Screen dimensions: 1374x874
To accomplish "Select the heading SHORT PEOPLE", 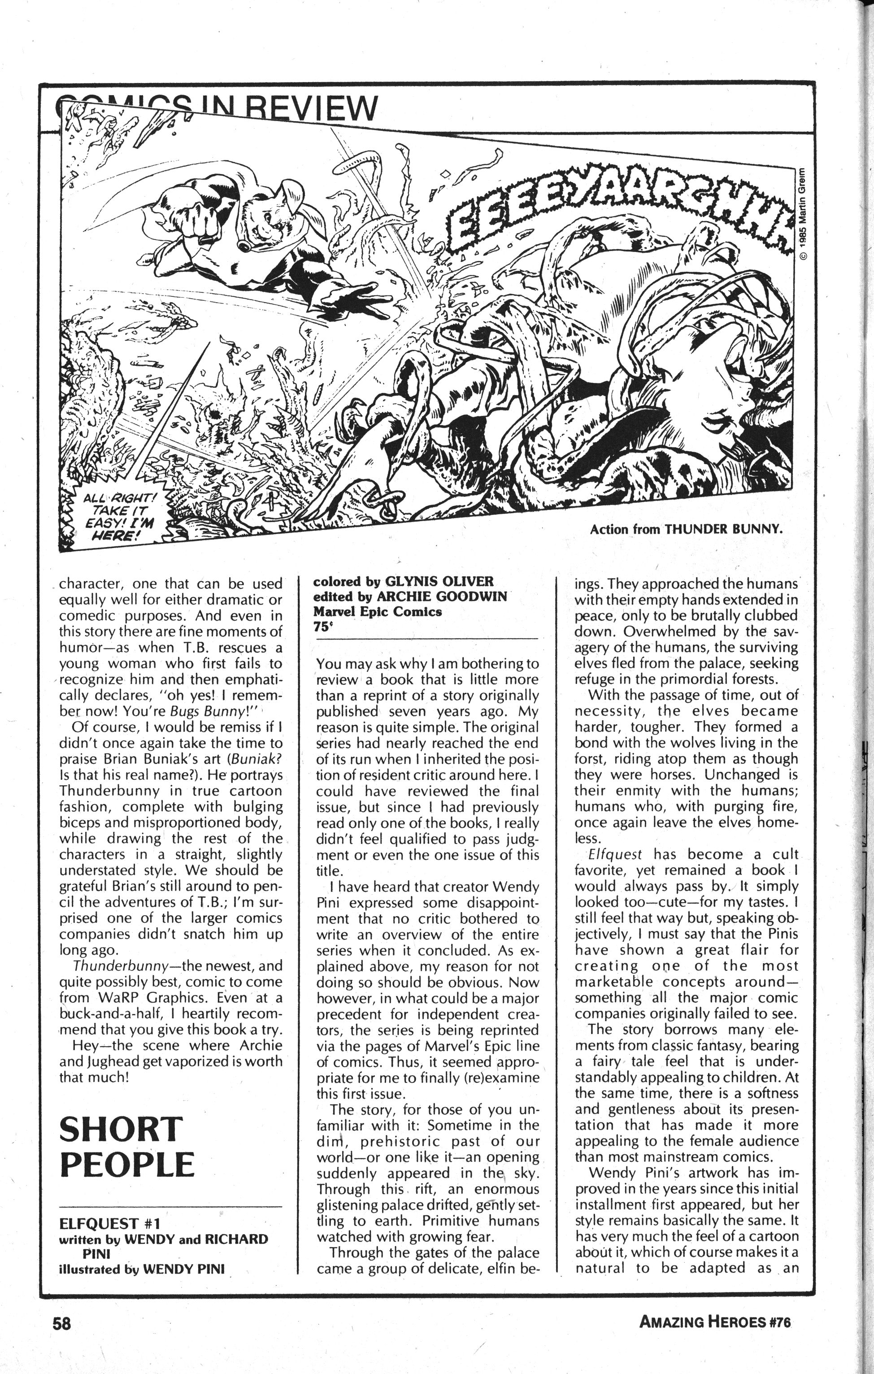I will (x=126, y=1147).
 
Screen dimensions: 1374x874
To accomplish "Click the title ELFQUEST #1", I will (x=109, y=1223).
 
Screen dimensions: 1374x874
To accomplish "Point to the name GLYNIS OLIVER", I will (x=439, y=582).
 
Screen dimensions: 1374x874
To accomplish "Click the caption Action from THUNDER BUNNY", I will (x=685, y=529).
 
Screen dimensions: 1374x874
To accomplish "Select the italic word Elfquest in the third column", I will (x=615, y=855).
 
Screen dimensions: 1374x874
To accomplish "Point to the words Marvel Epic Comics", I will (x=377, y=612).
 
